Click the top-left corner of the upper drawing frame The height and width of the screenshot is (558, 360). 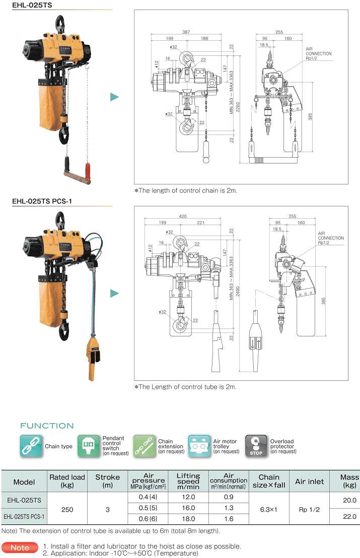(x=134, y=10)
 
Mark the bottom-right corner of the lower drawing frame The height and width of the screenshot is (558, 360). (x=348, y=380)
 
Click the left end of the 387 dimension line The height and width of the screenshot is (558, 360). (x=151, y=35)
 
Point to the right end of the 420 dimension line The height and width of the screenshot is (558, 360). (x=221, y=218)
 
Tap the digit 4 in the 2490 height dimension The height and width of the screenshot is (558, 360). (x=238, y=293)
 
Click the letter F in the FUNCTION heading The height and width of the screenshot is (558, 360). (x=23, y=426)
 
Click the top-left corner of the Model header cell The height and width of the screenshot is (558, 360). (x=2, y=470)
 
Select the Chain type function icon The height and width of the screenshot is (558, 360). (x=31, y=446)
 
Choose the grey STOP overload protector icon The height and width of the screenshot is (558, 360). (x=256, y=446)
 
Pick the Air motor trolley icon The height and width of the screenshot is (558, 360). (x=199, y=446)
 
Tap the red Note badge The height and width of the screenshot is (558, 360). (x=20, y=548)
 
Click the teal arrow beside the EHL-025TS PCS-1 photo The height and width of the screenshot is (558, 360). (x=115, y=293)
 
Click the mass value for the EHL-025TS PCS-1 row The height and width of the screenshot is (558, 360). (x=349, y=516)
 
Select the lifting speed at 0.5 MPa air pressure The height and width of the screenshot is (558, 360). (x=188, y=508)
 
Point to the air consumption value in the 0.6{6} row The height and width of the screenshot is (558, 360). (x=229, y=519)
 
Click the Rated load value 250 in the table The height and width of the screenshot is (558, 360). (x=67, y=510)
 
